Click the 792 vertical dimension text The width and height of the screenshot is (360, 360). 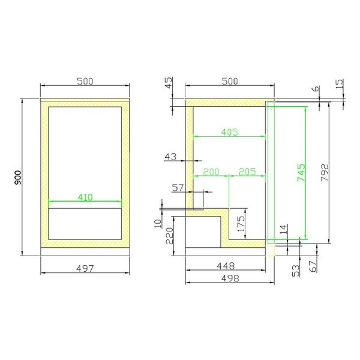pyautogui.click(x=324, y=173)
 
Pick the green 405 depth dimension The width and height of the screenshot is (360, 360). pyautogui.click(x=229, y=131)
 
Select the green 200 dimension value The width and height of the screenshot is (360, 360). pyautogui.click(x=211, y=172)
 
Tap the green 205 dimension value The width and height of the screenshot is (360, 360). pyautogui.click(x=247, y=172)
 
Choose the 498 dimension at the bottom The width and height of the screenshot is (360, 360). pyautogui.click(x=230, y=278)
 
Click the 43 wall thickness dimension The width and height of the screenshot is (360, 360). pyautogui.click(x=170, y=157)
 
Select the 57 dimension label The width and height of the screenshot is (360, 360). pyautogui.click(x=178, y=188)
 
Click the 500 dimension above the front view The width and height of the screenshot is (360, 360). pyautogui.click(x=84, y=82)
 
